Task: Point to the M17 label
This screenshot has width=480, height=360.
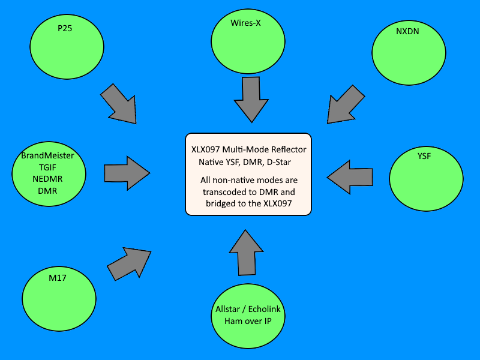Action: point(58,278)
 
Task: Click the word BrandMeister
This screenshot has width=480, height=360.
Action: point(48,155)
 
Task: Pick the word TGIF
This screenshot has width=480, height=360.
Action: point(48,167)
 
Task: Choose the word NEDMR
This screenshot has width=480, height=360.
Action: point(48,179)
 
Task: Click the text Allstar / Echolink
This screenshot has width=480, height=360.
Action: point(248,310)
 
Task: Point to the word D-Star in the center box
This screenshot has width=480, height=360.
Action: point(284,162)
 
